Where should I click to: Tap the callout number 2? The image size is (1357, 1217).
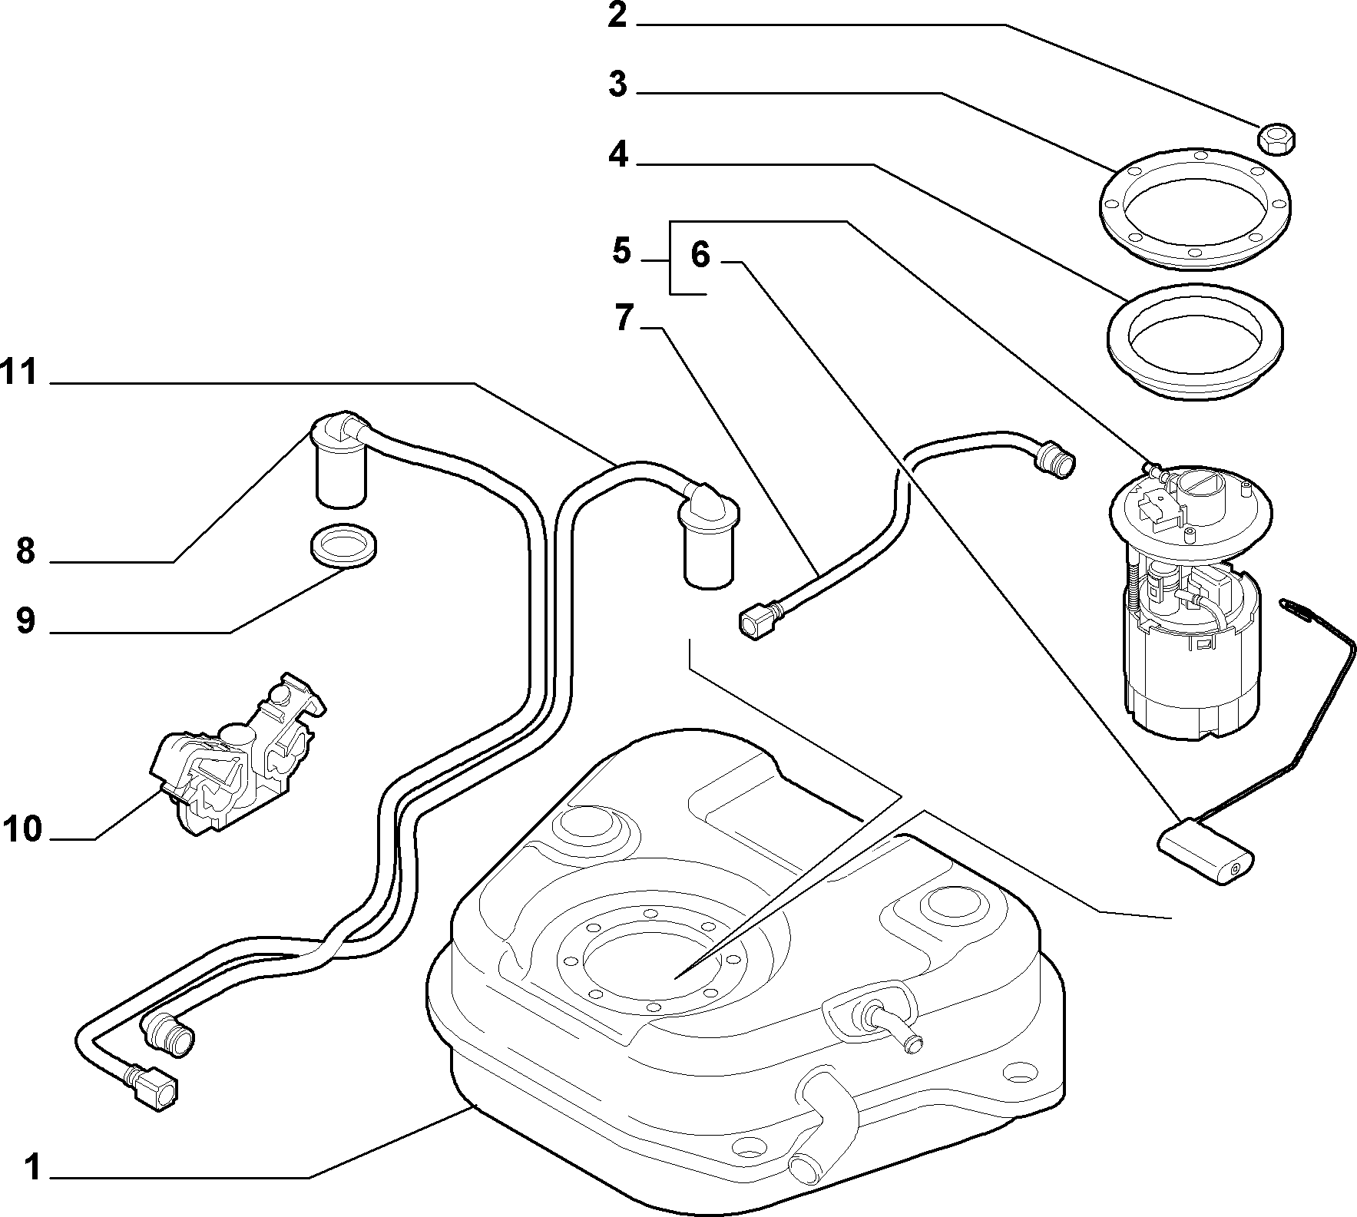(617, 15)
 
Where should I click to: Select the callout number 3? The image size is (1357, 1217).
(617, 84)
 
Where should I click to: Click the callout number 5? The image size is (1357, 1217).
(621, 251)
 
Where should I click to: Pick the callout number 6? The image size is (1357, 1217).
(700, 255)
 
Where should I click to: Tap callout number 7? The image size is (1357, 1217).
(624, 318)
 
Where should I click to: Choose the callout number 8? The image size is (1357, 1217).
(25, 551)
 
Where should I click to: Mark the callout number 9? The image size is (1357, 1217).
(25, 620)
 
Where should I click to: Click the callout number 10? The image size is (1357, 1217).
(22, 828)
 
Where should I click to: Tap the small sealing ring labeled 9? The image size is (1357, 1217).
(344, 546)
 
